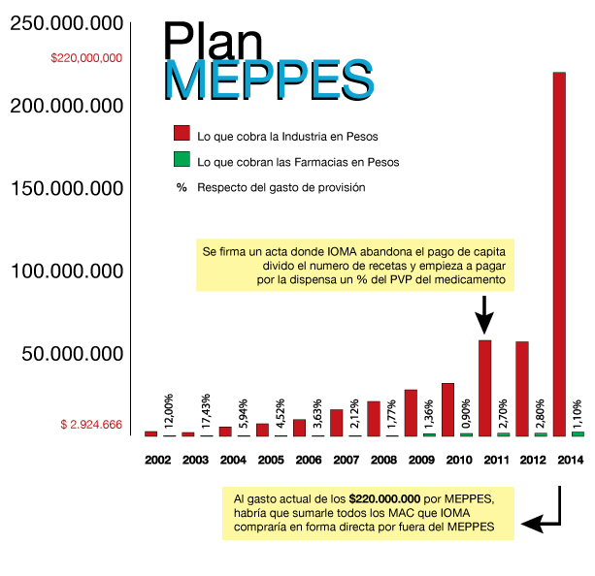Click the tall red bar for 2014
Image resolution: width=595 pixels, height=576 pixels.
pos(559,253)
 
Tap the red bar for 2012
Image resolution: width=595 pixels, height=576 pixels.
pos(522,388)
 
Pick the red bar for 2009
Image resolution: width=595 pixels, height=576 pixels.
pos(411,412)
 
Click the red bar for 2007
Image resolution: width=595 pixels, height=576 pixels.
pos(336,422)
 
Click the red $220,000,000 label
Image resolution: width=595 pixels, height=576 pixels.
pos(86,57)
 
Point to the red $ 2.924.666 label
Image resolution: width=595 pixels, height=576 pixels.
pos(91,425)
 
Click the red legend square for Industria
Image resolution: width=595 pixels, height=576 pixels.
pos(181,134)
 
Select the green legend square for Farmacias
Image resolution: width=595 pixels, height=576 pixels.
pos(181,160)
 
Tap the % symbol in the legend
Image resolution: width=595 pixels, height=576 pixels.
pos(181,187)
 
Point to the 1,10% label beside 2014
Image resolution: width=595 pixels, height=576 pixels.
pos(578,415)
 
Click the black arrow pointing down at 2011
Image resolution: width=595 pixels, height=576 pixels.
pos(485,316)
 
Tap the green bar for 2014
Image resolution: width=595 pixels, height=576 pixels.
pos(578,433)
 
